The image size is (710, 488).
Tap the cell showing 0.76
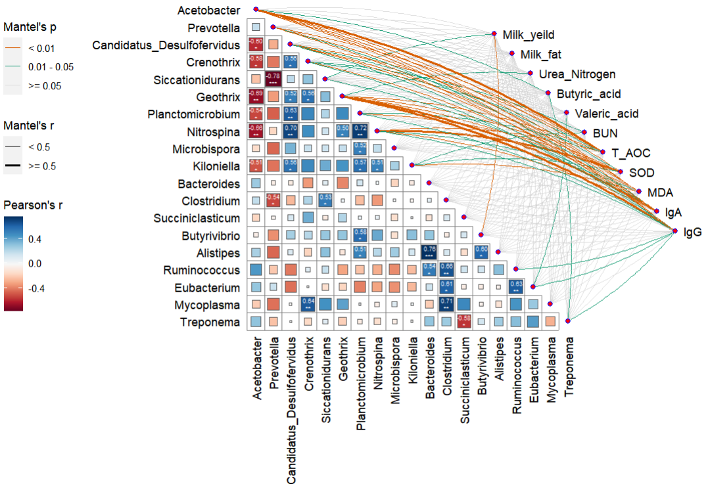(428, 252)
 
